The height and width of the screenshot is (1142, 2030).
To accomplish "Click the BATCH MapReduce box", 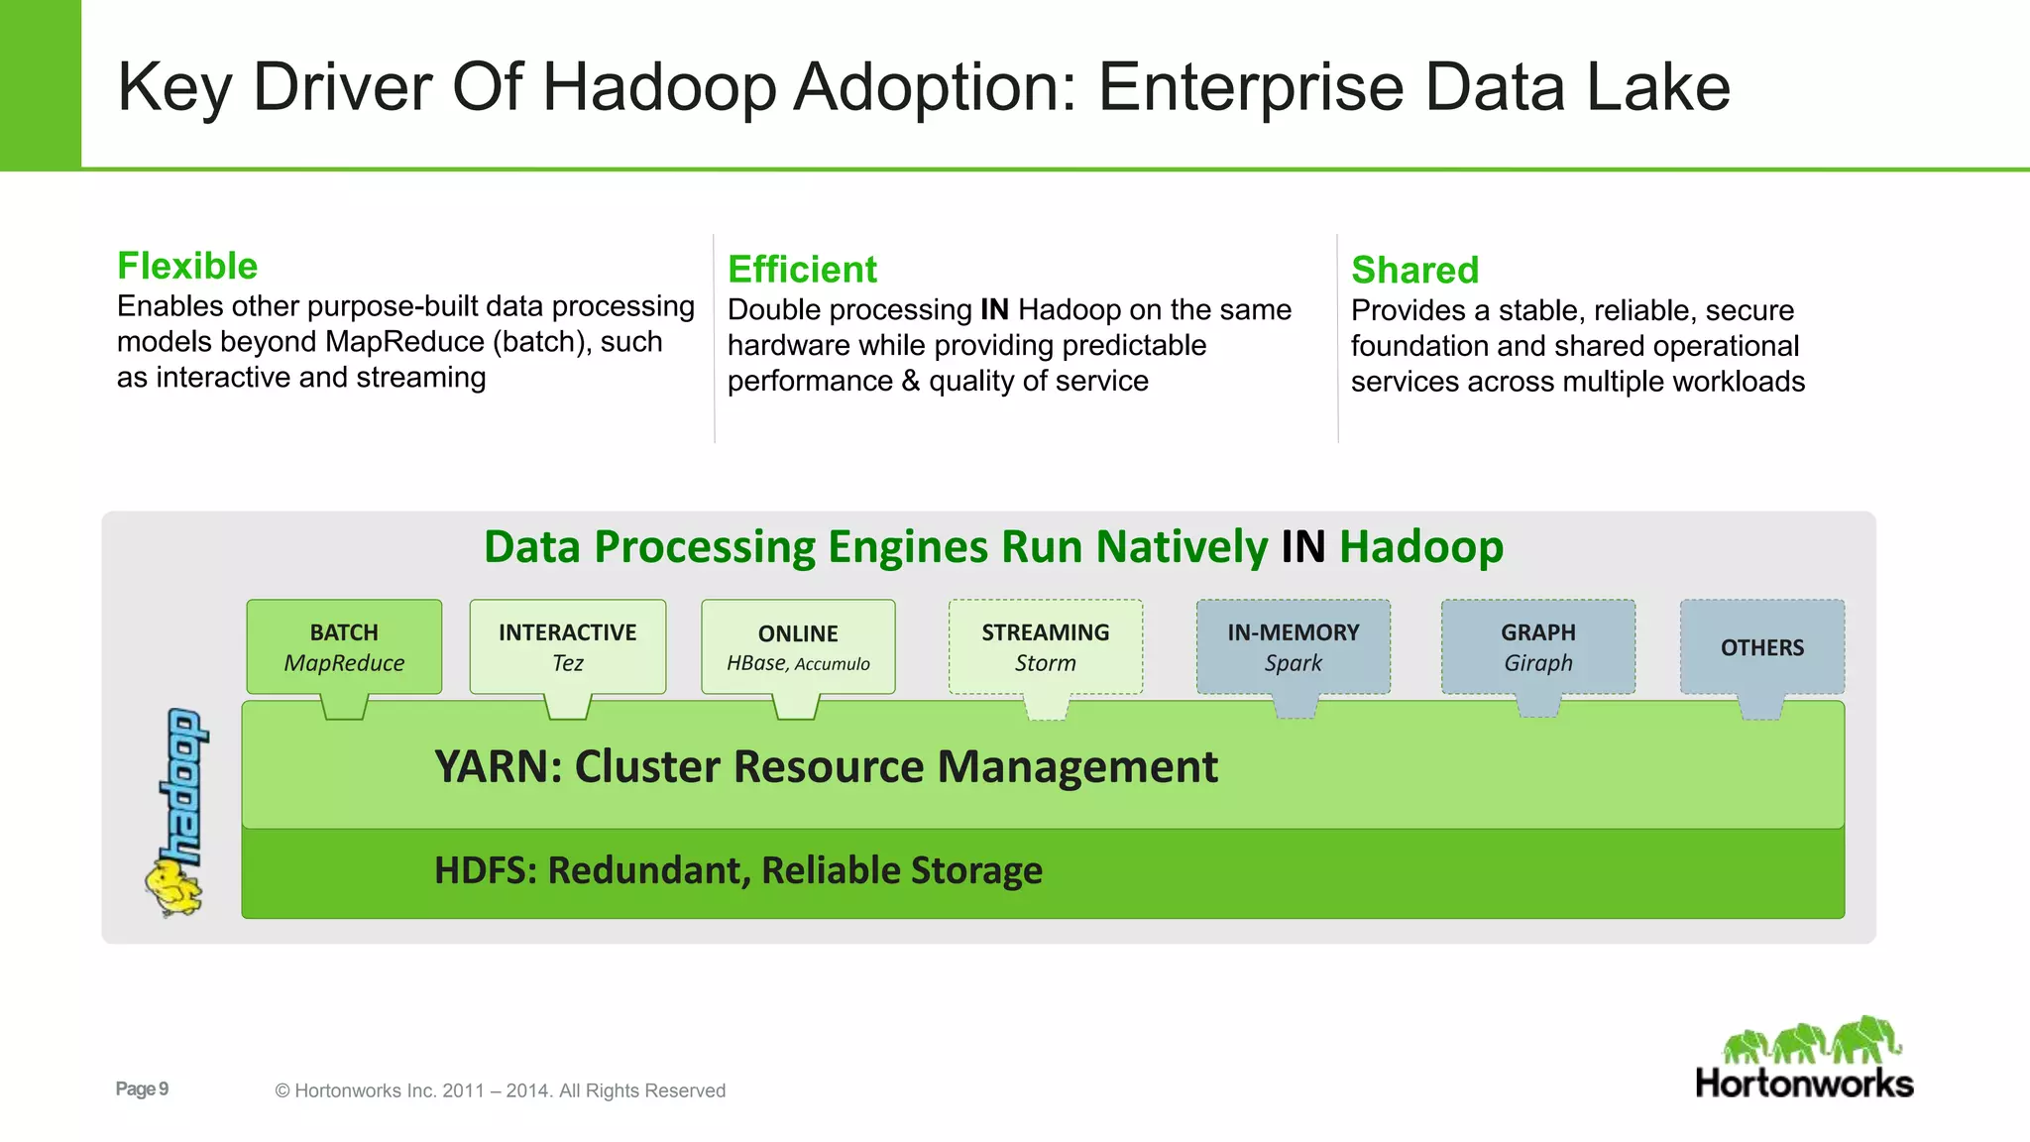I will pos(344,646).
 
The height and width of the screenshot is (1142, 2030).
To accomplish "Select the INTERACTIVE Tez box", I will pos(567,646).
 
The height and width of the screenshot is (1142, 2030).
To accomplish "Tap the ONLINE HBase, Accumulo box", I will pos(798,646).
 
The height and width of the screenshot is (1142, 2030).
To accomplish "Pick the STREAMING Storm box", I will pos(1046,646).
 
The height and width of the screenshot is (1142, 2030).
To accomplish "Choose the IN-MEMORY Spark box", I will pos(1293,646).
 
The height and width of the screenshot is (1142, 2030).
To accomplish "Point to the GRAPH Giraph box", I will pos(1537,646).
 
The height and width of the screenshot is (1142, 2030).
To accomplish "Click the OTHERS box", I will pos(1761,646).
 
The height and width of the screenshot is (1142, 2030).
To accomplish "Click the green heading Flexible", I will pos(187,266).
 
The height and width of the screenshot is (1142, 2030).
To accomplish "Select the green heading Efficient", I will pos(802,270).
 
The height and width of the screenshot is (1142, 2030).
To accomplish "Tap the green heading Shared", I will pos(1414,270).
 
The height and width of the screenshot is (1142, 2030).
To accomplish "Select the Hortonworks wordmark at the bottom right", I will pos(1804,1084).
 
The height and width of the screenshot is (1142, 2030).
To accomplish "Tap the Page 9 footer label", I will pos(142,1088).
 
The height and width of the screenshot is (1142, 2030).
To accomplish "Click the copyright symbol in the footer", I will pos(282,1090).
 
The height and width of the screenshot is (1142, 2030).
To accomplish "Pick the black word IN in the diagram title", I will pos(1302,547).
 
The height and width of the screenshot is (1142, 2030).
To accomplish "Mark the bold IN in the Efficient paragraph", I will pos(994,310).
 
